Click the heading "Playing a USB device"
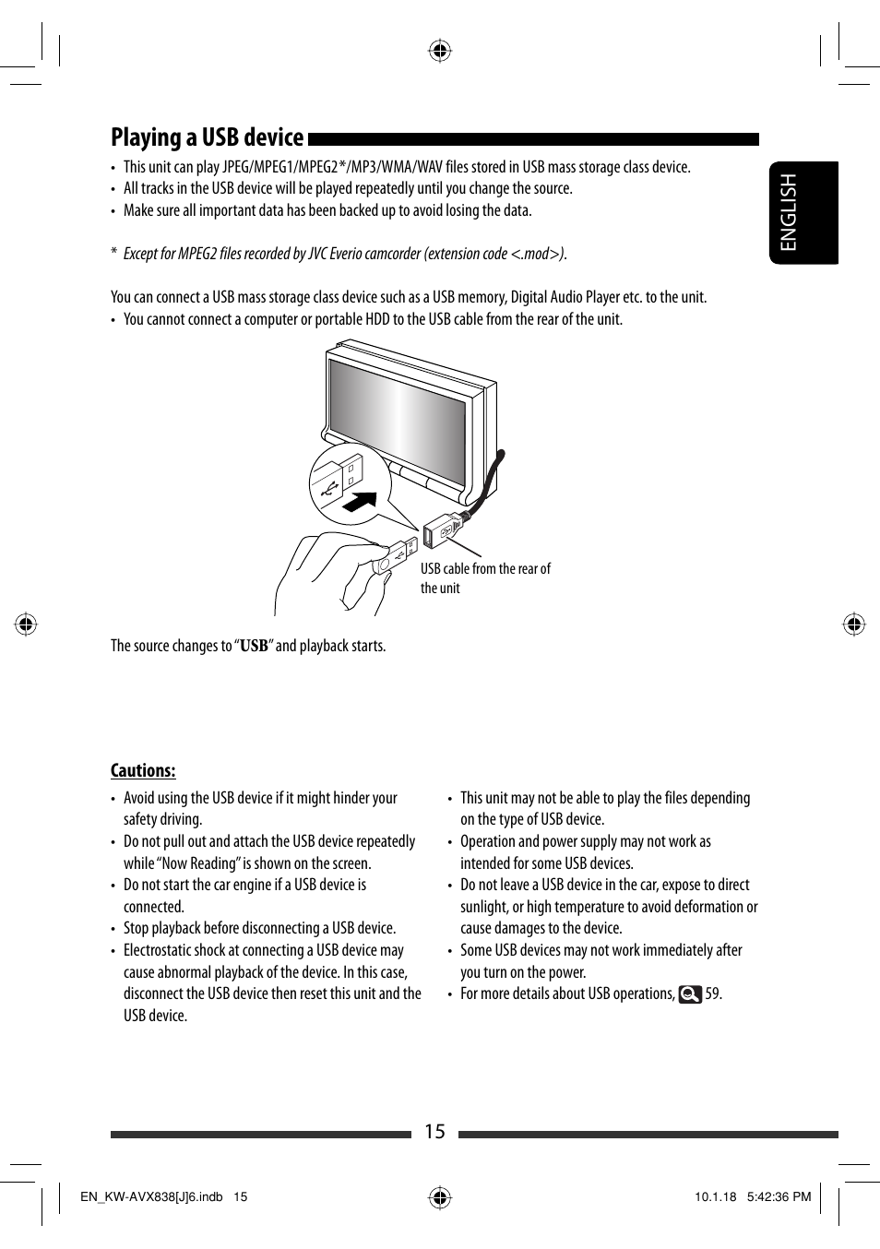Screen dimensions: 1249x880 207,137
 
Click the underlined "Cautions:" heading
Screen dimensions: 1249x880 143,771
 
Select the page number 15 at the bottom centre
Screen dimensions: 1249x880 434,1132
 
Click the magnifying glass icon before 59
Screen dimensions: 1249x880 690,994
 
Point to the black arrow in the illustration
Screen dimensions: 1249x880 360,503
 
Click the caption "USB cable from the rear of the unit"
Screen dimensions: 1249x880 485,578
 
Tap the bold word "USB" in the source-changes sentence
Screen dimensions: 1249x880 254,647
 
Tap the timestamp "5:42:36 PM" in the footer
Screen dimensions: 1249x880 778,1196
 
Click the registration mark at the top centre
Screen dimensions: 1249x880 440,51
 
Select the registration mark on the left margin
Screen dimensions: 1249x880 26,624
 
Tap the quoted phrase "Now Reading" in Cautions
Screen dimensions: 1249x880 200,863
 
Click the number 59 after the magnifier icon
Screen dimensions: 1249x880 712,994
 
